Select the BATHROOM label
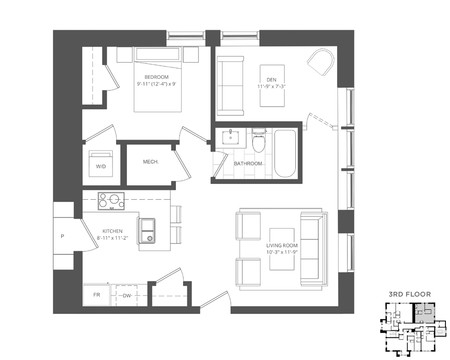coord(247,163)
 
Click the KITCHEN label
coord(109,231)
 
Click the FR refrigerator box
coord(96,295)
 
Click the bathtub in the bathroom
coord(285,154)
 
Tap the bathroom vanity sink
coord(232,136)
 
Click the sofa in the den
coord(230,85)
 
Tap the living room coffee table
coord(282,249)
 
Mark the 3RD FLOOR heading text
coord(409,294)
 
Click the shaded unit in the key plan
coord(424,311)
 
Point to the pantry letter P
coord(63,235)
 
